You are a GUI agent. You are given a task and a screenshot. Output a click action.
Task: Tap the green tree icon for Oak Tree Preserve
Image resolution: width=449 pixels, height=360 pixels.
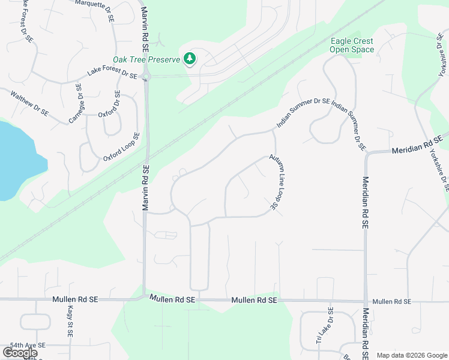[x=190, y=59]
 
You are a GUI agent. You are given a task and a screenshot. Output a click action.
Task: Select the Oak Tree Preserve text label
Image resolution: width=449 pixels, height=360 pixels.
[x=146, y=59]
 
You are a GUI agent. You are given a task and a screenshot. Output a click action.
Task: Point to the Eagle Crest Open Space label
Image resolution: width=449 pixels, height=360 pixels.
[x=352, y=46]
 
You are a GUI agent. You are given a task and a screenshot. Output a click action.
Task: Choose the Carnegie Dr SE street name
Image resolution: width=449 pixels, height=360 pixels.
[x=76, y=104]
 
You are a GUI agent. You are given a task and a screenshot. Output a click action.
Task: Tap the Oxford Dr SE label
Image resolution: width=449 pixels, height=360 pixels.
[x=111, y=104]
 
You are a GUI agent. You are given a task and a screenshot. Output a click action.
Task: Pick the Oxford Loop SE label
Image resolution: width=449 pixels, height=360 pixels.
[x=121, y=147]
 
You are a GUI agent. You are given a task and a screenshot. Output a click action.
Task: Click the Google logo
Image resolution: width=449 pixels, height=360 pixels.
[x=20, y=353]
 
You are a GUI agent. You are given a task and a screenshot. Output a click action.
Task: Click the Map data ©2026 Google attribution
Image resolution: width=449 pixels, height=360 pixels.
[x=412, y=355]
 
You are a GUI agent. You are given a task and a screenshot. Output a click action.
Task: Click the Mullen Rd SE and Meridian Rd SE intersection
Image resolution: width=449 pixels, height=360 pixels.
[x=366, y=301]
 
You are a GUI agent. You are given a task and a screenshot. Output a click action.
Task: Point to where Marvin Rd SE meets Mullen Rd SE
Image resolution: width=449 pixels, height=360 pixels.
[x=144, y=297]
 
